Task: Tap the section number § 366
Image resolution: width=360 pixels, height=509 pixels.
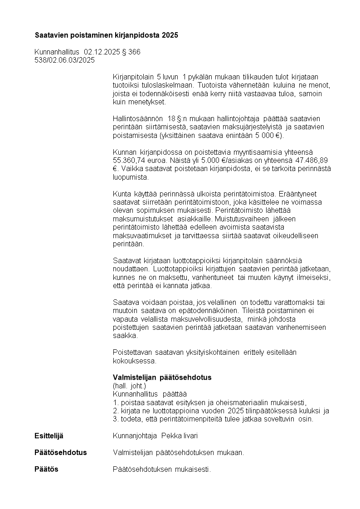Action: tap(131, 52)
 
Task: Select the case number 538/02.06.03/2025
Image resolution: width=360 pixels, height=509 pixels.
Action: tap(64, 60)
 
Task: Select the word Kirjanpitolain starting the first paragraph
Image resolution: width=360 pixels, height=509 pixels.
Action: tap(133, 76)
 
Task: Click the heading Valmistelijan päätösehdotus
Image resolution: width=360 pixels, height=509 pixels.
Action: tap(162, 377)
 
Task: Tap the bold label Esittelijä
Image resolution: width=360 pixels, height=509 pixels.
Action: tap(49, 436)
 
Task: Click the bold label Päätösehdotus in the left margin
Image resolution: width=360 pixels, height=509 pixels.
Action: tap(60, 452)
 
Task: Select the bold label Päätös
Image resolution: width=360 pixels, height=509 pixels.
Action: tap(46, 469)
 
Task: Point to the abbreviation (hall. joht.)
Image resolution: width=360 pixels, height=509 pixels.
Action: tap(129, 386)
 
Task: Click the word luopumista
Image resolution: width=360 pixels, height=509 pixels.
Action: tap(128, 177)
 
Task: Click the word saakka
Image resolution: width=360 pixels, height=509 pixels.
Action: tap(122, 336)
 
